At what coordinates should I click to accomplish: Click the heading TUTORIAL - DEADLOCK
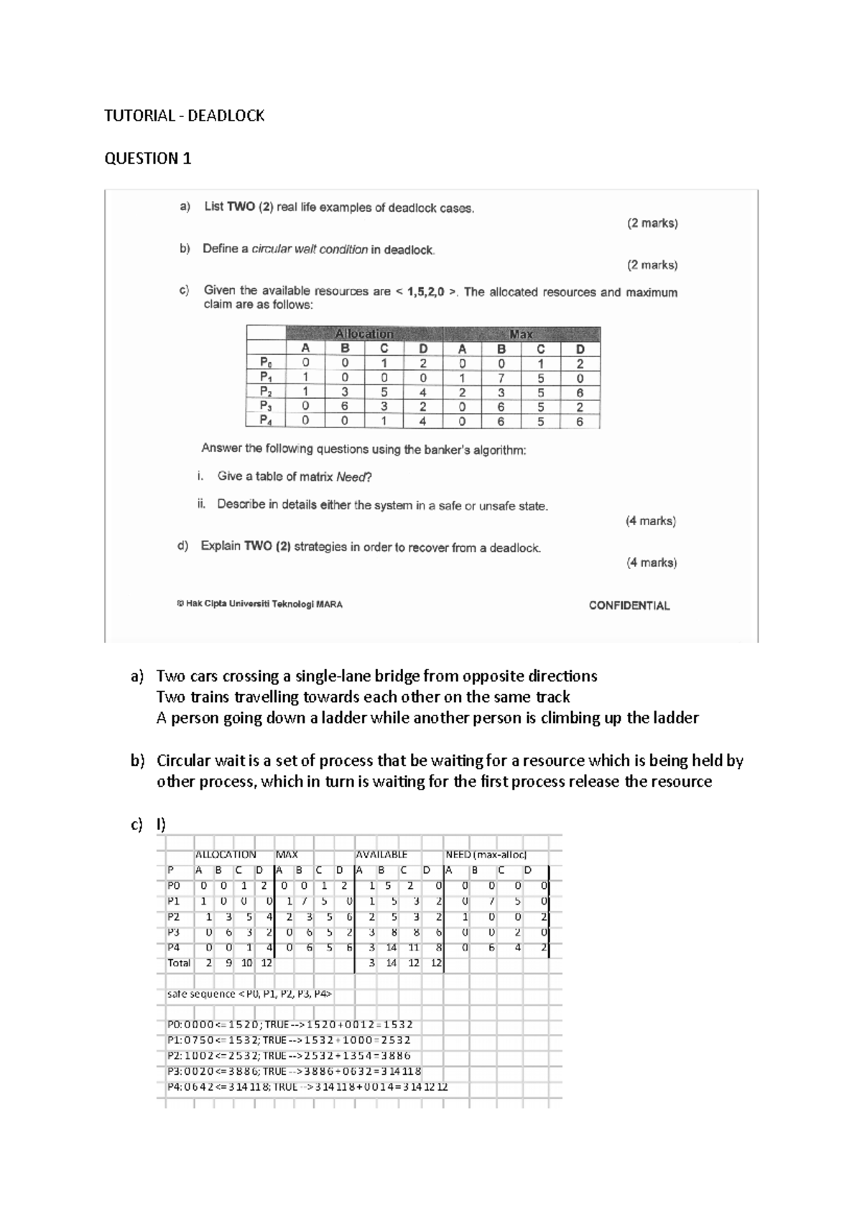click(x=185, y=116)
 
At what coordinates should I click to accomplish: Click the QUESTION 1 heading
click(x=148, y=158)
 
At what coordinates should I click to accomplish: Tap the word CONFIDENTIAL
click(x=629, y=606)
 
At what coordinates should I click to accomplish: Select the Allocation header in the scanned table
click(x=364, y=334)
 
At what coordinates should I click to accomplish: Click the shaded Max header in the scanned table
click(x=521, y=334)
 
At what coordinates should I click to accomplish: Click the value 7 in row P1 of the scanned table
click(x=501, y=378)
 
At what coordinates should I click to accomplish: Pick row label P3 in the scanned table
click(x=266, y=407)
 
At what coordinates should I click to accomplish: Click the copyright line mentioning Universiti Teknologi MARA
click(x=260, y=604)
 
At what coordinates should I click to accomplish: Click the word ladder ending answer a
click(x=676, y=718)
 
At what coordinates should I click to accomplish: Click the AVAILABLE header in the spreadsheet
click(x=381, y=855)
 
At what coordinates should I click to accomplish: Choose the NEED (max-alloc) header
click(x=486, y=855)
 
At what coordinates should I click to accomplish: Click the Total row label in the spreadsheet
click(x=179, y=963)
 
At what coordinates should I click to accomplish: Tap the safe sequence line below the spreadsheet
click(x=249, y=994)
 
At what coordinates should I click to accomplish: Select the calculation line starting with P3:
click(x=294, y=1071)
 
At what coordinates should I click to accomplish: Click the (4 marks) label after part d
click(x=651, y=563)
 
